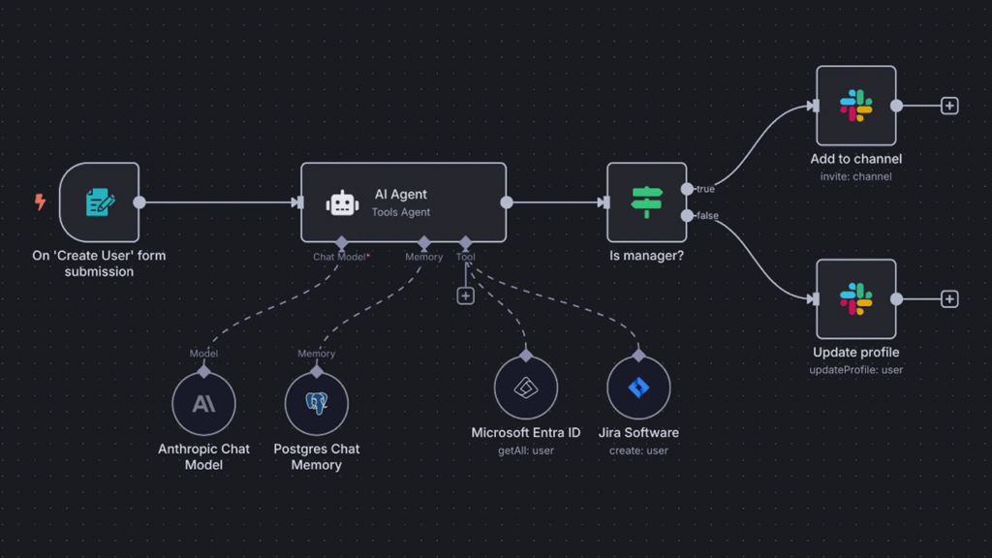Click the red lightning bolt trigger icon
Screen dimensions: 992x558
(x=40, y=201)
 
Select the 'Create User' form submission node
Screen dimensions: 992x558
(x=100, y=202)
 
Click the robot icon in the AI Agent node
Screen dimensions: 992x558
(x=342, y=203)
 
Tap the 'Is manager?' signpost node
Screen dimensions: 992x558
(x=646, y=202)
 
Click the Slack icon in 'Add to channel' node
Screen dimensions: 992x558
(x=856, y=106)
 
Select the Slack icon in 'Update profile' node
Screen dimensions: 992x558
(x=856, y=298)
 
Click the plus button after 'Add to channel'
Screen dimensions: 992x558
(x=949, y=106)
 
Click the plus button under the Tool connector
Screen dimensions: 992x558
(x=466, y=295)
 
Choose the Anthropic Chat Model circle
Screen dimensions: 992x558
(x=203, y=403)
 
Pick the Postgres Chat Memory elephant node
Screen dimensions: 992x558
(x=317, y=403)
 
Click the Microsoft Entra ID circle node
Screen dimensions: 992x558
(x=526, y=387)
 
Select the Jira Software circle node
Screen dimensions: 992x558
(x=638, y=387)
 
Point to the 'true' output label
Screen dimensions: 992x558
(x=705, y=189)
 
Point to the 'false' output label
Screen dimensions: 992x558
(x=707, y=216)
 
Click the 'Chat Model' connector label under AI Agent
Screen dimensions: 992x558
(x=341, y=257)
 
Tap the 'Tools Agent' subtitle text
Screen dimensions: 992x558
(x=400, y=212)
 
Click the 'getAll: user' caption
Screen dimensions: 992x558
(x=526, y=450)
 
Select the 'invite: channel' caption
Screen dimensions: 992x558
(x=856, y=176)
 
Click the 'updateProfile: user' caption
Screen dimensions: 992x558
(x=856, y=369)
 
